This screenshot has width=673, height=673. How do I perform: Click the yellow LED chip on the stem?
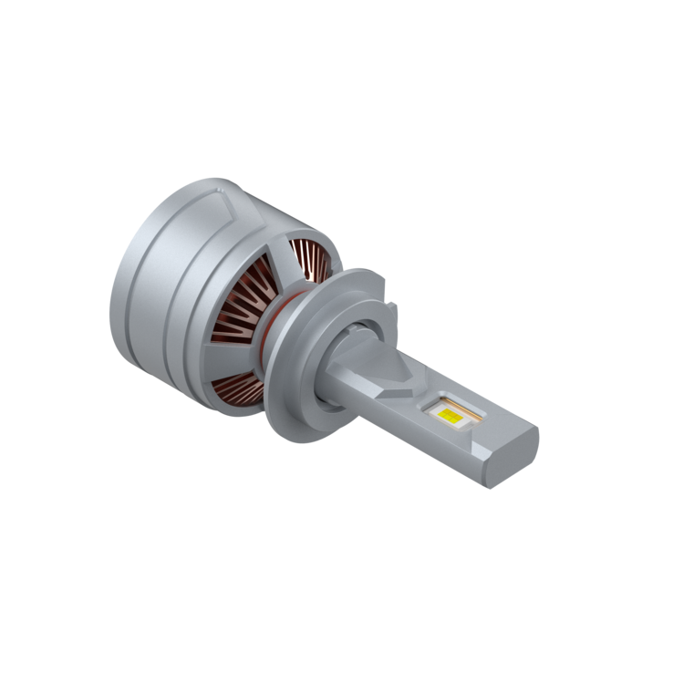[448, 415]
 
